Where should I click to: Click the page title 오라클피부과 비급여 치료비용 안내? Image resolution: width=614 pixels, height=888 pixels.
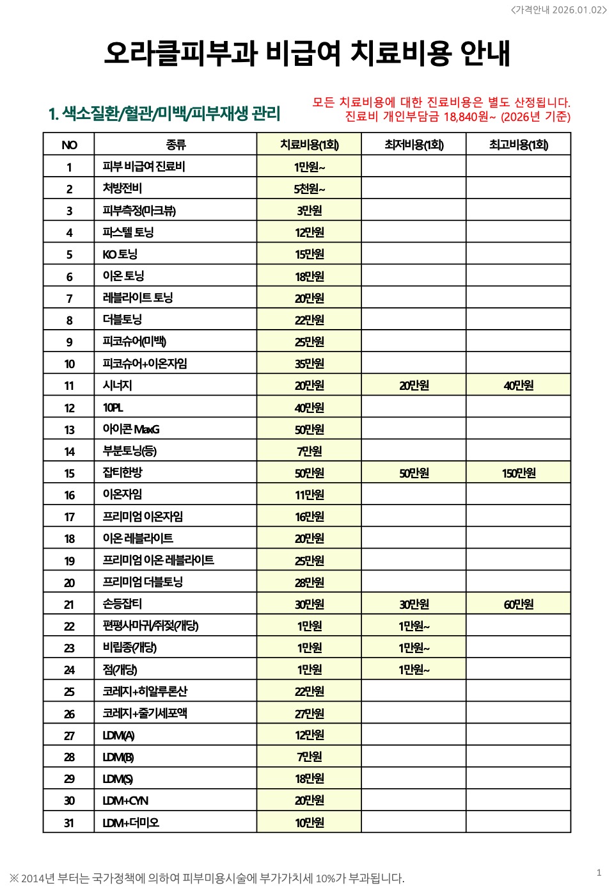(x=307, y=52)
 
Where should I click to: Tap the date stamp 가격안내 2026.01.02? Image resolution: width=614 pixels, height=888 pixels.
(x=558, y=10)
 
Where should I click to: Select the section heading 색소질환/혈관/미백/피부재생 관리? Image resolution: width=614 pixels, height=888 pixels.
(x=164, y=114)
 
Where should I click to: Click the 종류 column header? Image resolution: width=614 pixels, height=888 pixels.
(x=175, y=145)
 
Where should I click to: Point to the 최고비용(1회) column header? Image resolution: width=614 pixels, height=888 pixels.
(x=518, y=145)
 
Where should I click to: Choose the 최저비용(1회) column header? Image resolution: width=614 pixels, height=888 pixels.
(x=414, y=145)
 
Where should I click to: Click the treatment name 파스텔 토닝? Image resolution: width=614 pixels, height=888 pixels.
(x=128, y=232)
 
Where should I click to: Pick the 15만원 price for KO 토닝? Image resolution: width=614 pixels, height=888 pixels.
(x=309, y=254)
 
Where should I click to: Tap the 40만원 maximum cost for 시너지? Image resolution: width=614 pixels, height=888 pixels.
(x=518, y=385)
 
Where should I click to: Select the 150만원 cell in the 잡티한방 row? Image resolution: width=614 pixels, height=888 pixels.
(x=518, y=473)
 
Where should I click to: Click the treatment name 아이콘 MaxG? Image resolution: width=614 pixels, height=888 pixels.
(x=131, y=429)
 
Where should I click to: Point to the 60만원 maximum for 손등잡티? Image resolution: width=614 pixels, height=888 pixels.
(x=518, y=604)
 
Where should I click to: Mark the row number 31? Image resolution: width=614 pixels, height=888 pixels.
(x=69, y=823)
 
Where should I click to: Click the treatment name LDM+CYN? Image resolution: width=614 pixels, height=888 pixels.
(x=125, y=800)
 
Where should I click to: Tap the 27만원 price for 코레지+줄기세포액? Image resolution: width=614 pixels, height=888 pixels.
(x=309, y=713)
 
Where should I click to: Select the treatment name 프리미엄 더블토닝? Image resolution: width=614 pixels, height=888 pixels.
(x=143, y=582)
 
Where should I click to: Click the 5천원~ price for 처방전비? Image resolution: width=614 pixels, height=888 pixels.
(x=309, y=189)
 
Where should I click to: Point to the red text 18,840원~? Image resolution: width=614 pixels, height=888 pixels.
(x=469, y=117)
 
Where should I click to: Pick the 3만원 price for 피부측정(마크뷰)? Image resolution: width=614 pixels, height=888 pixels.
(x=309, y=211)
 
